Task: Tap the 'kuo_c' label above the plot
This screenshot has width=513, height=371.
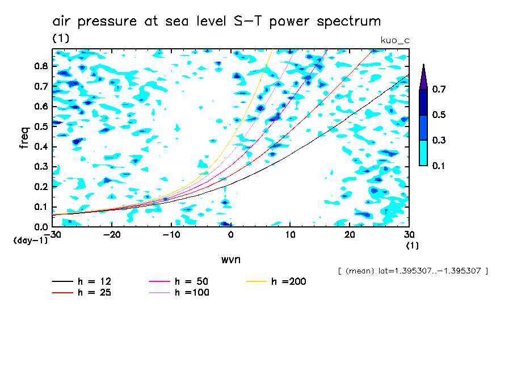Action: (395, 40)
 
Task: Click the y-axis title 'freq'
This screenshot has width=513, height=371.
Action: (24, 137)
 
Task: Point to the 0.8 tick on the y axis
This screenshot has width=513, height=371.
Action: (40, 66)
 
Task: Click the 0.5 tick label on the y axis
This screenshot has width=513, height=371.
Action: (40, 127)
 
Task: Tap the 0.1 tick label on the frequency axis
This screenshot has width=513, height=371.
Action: (40, 207)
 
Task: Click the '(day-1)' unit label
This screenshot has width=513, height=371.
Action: (30, 241)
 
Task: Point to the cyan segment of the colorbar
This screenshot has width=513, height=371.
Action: (423, 153)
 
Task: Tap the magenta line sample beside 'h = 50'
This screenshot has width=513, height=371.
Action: (160, 281)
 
